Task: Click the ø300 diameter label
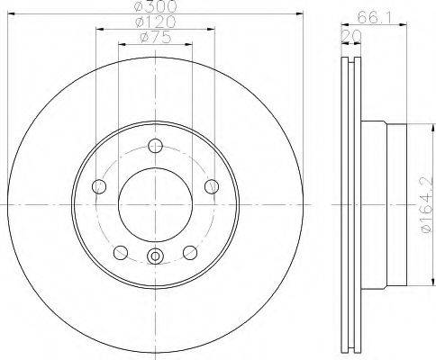(x=155, y=6)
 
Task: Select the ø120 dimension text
(x=155, y=22)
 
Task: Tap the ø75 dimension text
(x=156, y=37)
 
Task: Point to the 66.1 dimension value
(x=375, y=18)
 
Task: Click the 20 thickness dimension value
(x=350, y=36)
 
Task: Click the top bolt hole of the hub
(x=155, y=146)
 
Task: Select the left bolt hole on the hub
(x=99, y=186)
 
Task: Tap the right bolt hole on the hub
(x=212, y=186)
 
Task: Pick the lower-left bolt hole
(x=121, y=252)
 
